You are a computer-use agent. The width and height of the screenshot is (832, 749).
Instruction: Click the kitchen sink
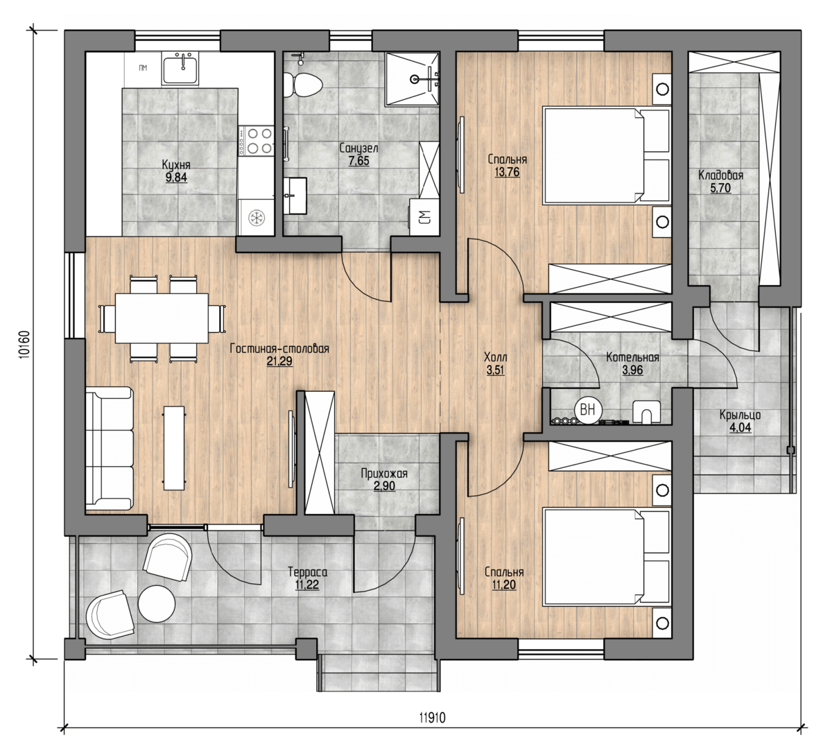180,69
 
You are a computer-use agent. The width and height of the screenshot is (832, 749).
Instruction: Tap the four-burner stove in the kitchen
255,141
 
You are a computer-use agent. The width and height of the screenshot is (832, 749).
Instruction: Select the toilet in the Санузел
303,84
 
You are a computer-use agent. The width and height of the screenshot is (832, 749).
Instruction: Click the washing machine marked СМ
424,217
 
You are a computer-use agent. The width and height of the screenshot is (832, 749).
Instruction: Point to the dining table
162,318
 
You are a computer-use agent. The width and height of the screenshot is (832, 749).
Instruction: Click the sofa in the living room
109,448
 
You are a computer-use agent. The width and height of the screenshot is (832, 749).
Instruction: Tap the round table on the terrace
157,603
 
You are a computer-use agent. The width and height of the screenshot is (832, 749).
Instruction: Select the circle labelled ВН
587,411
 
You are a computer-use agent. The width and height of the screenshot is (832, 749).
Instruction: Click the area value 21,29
279,361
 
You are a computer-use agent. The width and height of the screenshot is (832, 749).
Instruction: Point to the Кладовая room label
721,175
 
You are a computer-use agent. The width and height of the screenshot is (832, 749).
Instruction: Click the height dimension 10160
24,344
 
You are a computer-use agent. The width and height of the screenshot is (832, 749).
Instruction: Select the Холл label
496,357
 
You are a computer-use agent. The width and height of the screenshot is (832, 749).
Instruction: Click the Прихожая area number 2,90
385,486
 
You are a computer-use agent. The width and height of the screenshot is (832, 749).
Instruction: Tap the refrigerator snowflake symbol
256,218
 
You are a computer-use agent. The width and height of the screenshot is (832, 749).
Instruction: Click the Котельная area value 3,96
632,370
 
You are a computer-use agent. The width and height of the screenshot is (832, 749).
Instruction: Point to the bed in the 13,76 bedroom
607,155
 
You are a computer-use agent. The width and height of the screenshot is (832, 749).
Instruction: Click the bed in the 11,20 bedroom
607,557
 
